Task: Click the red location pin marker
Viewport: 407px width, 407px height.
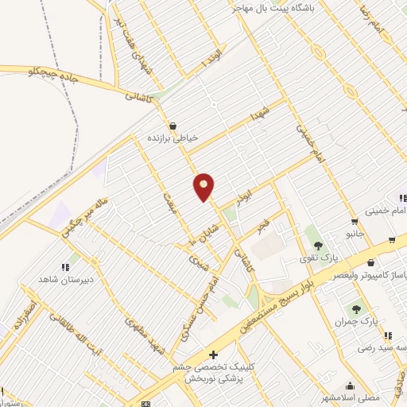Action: (203, 187)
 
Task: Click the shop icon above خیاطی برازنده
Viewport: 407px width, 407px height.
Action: (172, 125)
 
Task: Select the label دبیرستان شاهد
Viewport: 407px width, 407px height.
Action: (66, 280)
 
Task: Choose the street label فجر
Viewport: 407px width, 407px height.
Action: (262, 227)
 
